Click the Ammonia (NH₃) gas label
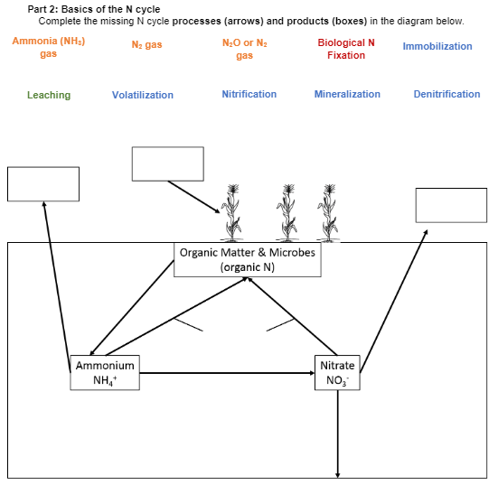click(x=49, y=48)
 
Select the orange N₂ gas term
click(x=146, y=45)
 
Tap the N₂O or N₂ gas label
click(x=244, y=49)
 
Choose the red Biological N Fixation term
click(x=346, y=49)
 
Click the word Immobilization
click(x=437, y=46)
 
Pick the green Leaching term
click(x=49, y=95)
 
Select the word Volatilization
click(x=143, y=95)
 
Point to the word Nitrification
click(x=249, y=94)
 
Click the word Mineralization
click(x=347, y=94)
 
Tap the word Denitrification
click(x=446, y=94)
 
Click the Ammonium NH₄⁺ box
click(x=105, y=372)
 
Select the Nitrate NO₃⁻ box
click(x=338, y=372)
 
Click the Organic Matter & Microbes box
click(x=248, y=259)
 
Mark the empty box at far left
click(x=43, y=184)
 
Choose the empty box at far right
click(x=451, y=205)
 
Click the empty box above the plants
click(x=167, y=163)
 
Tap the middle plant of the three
click(x=287, y=212)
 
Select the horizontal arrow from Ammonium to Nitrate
click(x=226, y=373)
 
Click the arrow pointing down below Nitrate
click(x=338, y=433)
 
